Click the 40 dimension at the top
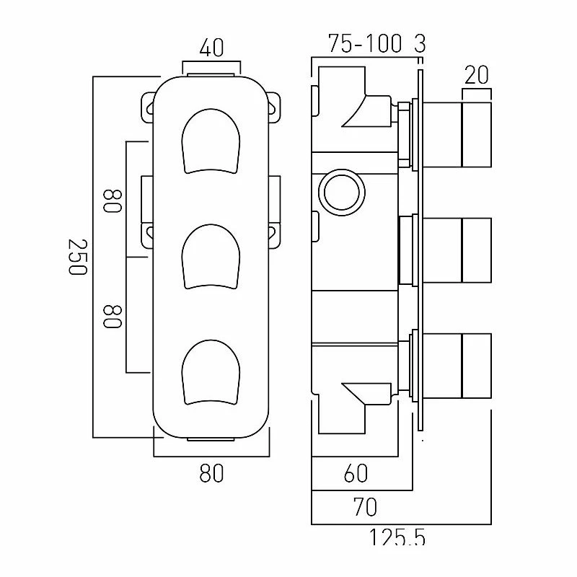point(211,48)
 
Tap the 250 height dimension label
point(78,257)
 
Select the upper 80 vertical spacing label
point(113,201)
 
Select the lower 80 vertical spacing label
point(113,316)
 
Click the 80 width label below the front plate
point(211,473)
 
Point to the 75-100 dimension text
point(364,43)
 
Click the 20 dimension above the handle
point(477,75)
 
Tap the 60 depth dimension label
point(356,473)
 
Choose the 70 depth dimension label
point(365,507)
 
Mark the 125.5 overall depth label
point(397,537)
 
